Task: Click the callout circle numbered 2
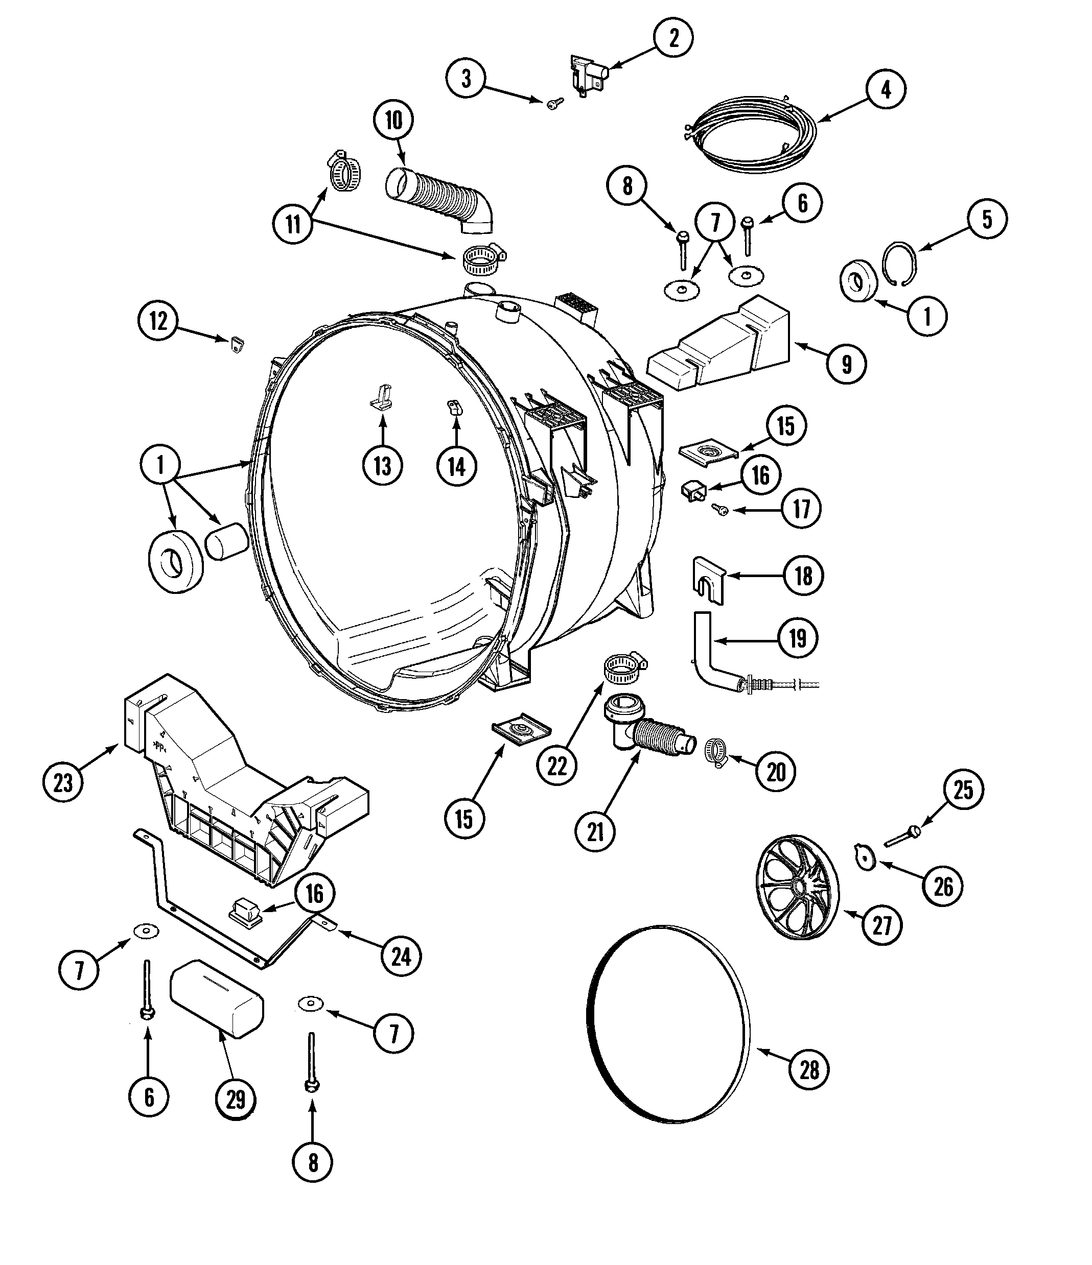click(673, 38)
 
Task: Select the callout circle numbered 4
click(886, 90)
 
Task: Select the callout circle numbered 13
click(382, 466)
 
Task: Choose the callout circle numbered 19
click(798, 638)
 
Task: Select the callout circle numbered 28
click(809, 1069)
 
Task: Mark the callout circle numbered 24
click(401, 957)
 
